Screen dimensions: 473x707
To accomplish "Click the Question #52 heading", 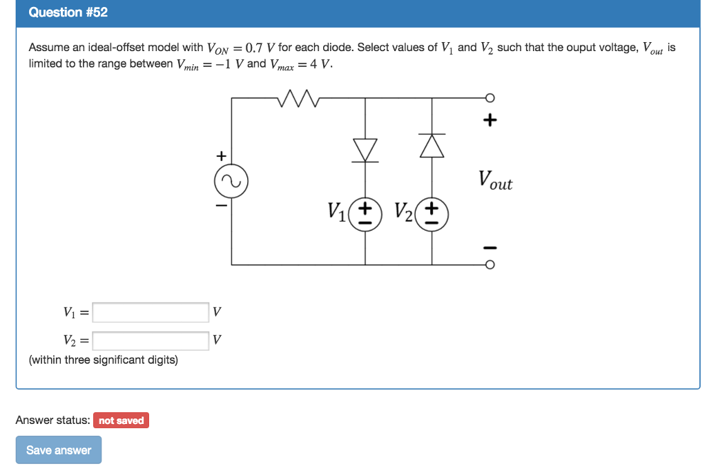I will coord(68,12).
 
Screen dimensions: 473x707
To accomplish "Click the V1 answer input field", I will coord(151,313).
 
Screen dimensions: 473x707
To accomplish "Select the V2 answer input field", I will coord(151,340).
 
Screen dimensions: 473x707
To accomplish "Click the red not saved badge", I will coord(121,421).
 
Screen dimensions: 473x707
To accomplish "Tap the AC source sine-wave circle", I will coord(231,182).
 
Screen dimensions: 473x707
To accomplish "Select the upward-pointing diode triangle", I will coord(432,145).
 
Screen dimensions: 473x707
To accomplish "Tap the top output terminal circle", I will coord(490,98).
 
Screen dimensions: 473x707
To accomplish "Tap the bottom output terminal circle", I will coord(490,264).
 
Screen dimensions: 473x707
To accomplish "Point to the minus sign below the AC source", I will coord(221,205).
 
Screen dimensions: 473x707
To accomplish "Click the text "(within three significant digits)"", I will coord(103,360).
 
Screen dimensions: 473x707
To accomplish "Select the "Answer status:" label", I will coord(52,420).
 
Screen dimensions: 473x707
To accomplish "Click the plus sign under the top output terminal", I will coord(490,120).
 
